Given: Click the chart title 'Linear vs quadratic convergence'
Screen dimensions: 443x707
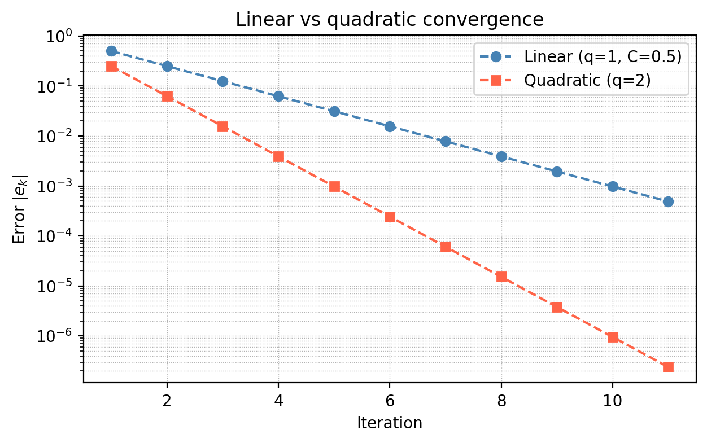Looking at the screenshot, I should point(390,20).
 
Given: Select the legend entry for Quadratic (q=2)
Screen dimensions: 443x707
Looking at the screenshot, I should point(587,80).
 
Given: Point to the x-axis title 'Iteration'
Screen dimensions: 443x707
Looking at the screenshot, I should point(390,423).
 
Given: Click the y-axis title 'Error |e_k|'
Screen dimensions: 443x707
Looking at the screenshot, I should point(20,208).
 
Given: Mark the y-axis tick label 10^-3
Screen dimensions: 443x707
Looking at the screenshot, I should point(62,187).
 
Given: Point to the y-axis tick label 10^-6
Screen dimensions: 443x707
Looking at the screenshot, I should point(62,336).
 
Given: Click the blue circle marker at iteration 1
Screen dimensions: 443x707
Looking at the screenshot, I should point(111,51).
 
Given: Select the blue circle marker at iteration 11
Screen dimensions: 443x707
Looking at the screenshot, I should point(668,201).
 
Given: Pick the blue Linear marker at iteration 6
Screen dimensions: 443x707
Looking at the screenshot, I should point(390,126).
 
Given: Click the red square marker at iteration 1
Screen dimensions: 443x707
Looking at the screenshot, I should point(111,66).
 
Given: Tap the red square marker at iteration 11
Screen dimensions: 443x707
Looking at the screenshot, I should point(668,367).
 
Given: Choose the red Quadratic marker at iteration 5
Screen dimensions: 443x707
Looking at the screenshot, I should point(334,186).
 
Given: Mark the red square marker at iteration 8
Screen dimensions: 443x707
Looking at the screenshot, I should point(501,277).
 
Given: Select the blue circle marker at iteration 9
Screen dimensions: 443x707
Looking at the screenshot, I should point(557,172).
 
